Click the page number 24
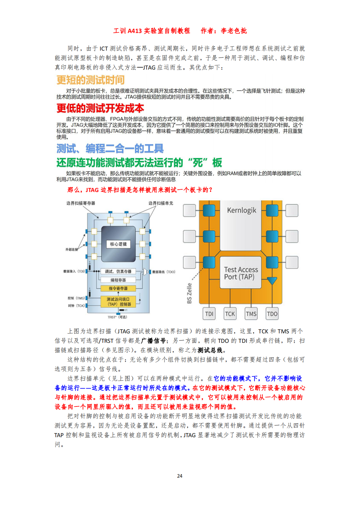tap(180, 476)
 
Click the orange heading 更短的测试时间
tap(90, 80)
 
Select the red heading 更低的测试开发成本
tap(100, 108)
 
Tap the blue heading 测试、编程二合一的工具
tap(110, 149)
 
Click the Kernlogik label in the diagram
tap(241, 210)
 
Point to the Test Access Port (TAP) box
tap(241, 273)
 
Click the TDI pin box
tap(209, 314)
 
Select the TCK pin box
tap(230, 314)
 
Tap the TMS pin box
tap(251, 314)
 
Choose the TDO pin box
tap(272, 314)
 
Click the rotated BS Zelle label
tap(189, 293)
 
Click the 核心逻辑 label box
tap(119, 244)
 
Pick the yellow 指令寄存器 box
tap(118, 288)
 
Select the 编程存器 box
tap(118, 280)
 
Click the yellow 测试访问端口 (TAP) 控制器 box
tap(118, 302)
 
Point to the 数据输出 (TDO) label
tap(164, 272)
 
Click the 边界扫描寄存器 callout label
tap(81, 203)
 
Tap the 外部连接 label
tap(72, 249)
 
